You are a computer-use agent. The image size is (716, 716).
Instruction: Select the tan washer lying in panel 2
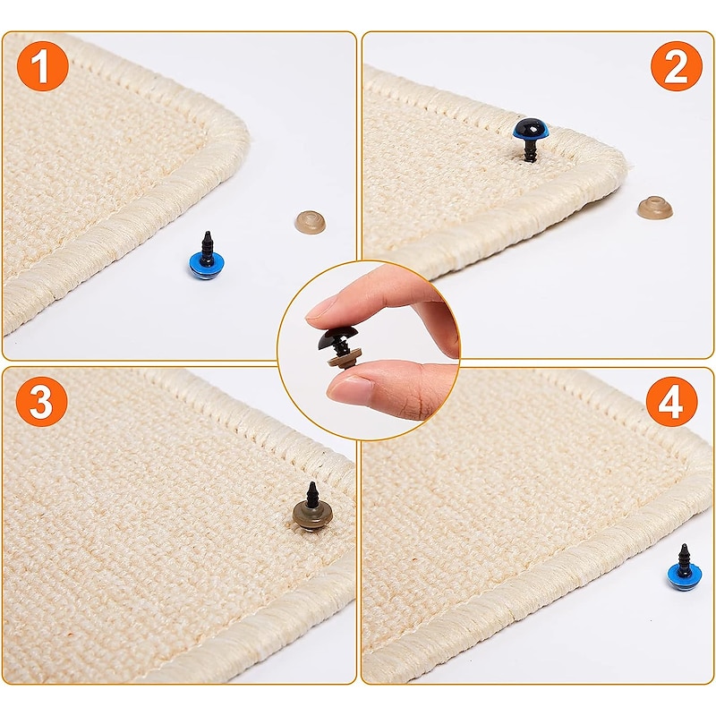654,208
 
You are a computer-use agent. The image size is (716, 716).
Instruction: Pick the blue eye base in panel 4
684,576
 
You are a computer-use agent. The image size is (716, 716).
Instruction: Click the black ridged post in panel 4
684,556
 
